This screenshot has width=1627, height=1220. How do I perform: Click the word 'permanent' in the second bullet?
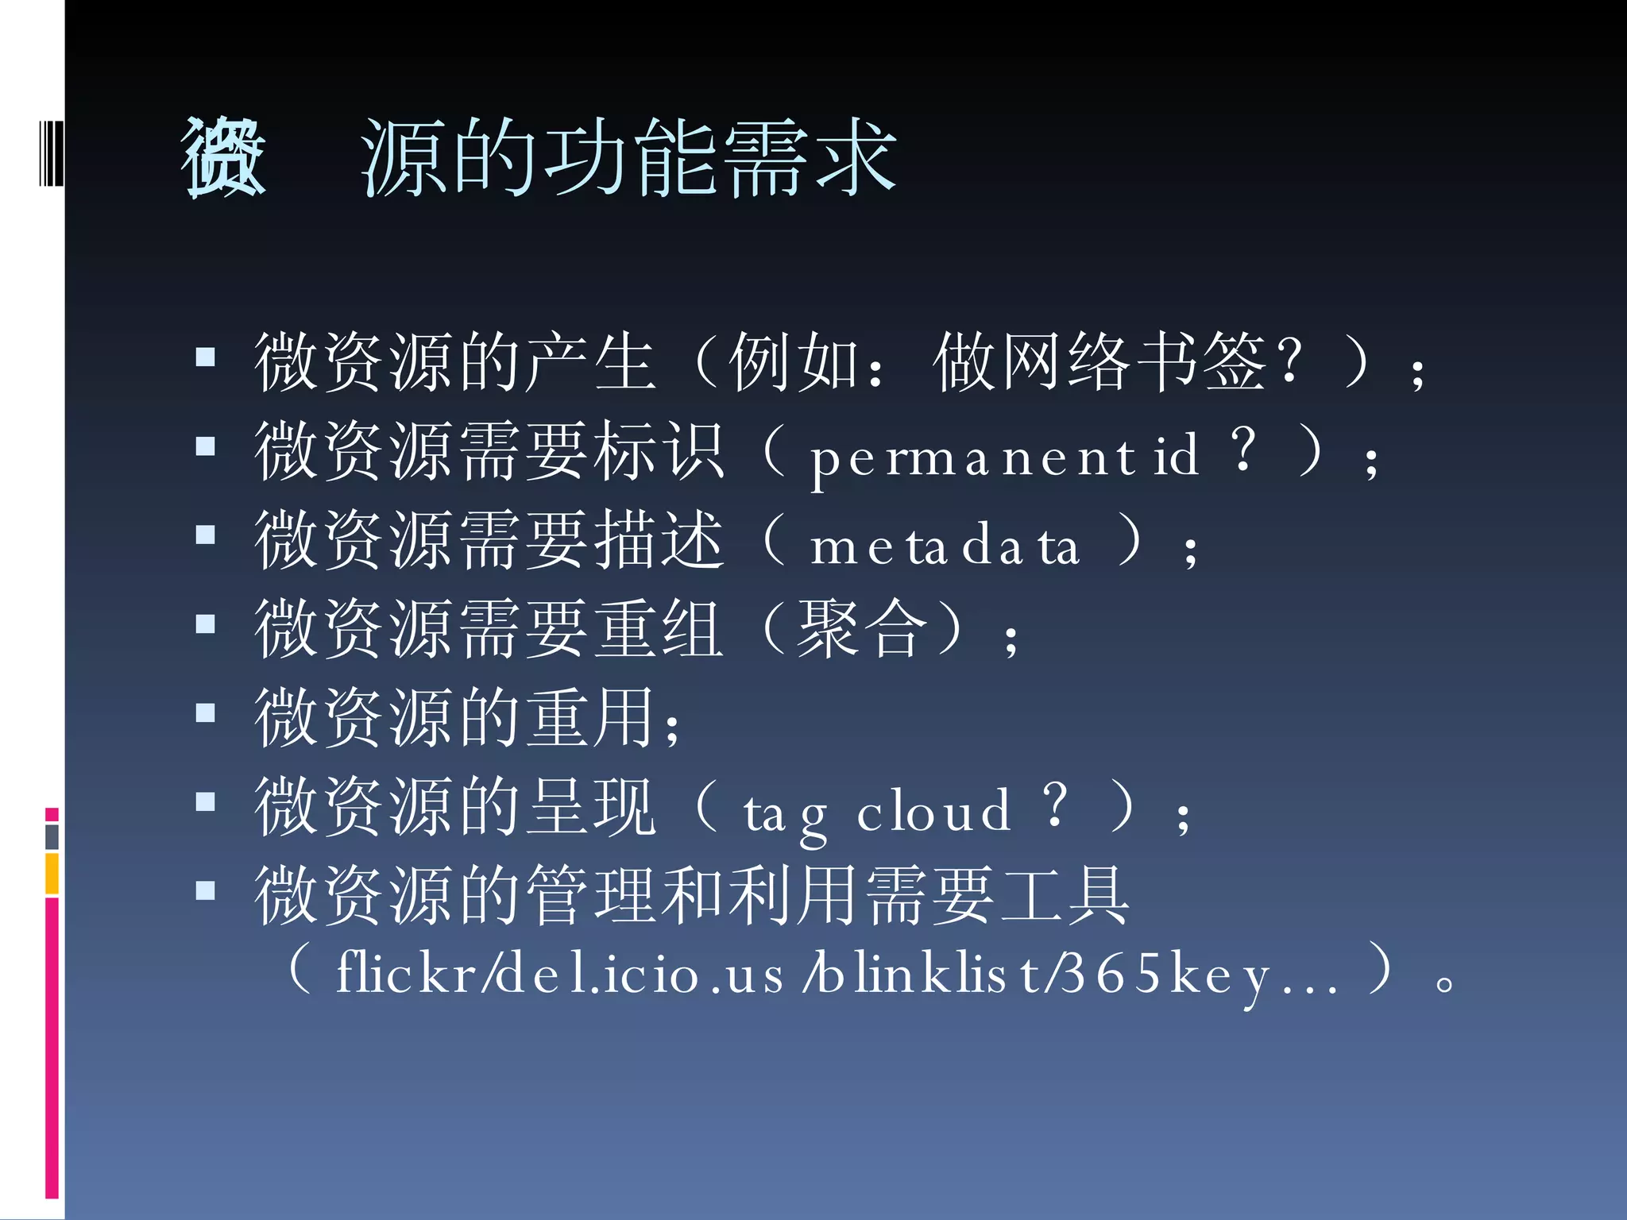(974, 459)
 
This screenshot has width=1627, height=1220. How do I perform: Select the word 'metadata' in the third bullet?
(945, 547)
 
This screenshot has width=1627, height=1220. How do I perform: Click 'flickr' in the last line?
(406, 974)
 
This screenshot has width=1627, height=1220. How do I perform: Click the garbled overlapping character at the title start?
(223, 156)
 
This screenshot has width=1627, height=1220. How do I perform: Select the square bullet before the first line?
(206, 357)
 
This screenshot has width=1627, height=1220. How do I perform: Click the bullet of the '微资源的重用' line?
(206, 713)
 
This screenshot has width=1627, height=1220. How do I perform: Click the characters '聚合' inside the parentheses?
(863, 629)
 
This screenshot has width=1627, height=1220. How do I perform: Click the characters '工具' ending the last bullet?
(1065, 896)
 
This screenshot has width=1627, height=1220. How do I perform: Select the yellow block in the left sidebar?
(52, 873)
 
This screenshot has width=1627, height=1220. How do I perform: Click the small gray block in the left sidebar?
(52, 836)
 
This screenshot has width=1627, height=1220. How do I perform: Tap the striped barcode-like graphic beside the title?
(51, 152)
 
